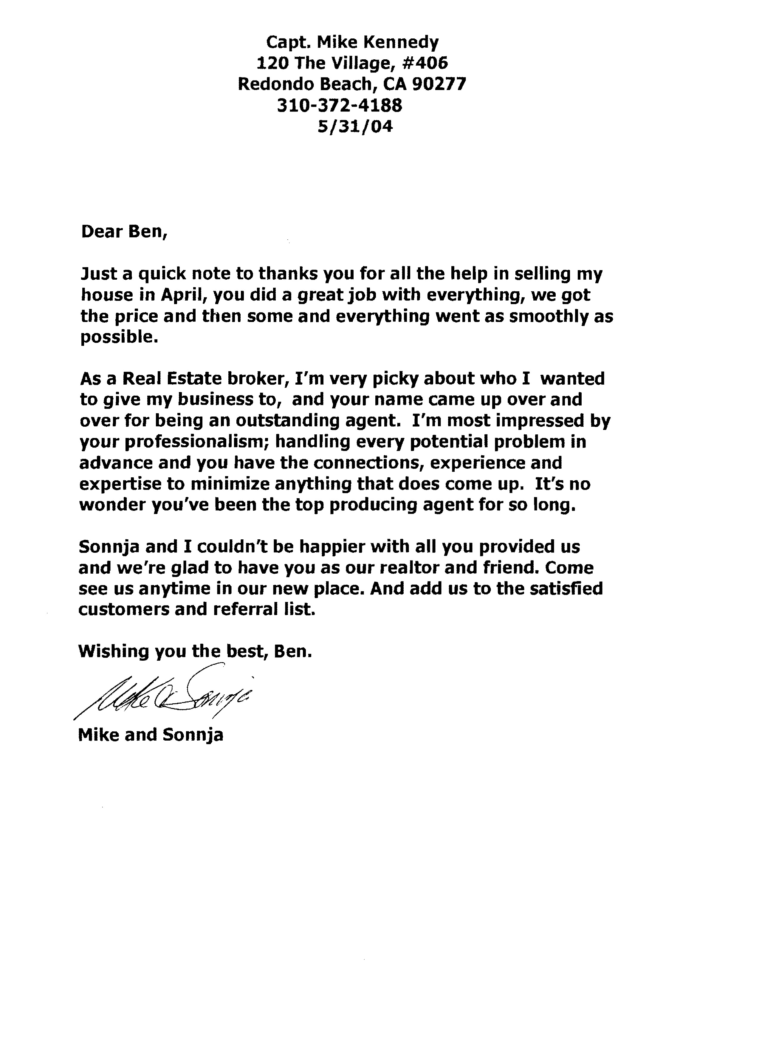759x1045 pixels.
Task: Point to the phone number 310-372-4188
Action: pyautogui.click(x=340, y=106)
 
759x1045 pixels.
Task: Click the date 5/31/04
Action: pyautogui.click(x=355, y=126)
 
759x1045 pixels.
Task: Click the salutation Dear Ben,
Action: pyautogui.click(x=124, y=232)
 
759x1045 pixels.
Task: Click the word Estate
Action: pyautogui.click(x=192, y=379)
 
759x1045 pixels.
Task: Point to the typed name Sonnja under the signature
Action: pyautogui.click(x=192, y=734)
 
